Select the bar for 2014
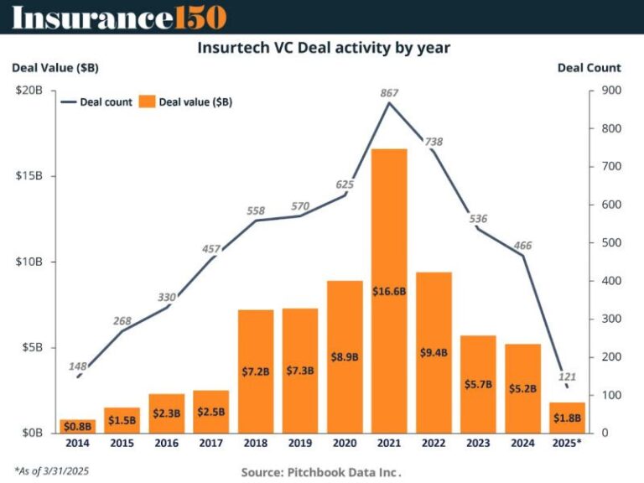tap(77, 426)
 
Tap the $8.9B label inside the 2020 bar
tap(344, 356)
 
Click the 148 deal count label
tap(77, 366)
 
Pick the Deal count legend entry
tap(96, 102)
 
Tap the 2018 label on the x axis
tap(255, 444)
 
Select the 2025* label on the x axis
tap(567, 444)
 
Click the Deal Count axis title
tap(589, 68)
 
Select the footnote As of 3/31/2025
tap(51, 470)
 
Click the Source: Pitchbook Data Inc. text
tap(322, 472)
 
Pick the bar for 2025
tap(566, 418)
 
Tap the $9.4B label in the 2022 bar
tap(433, 352)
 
